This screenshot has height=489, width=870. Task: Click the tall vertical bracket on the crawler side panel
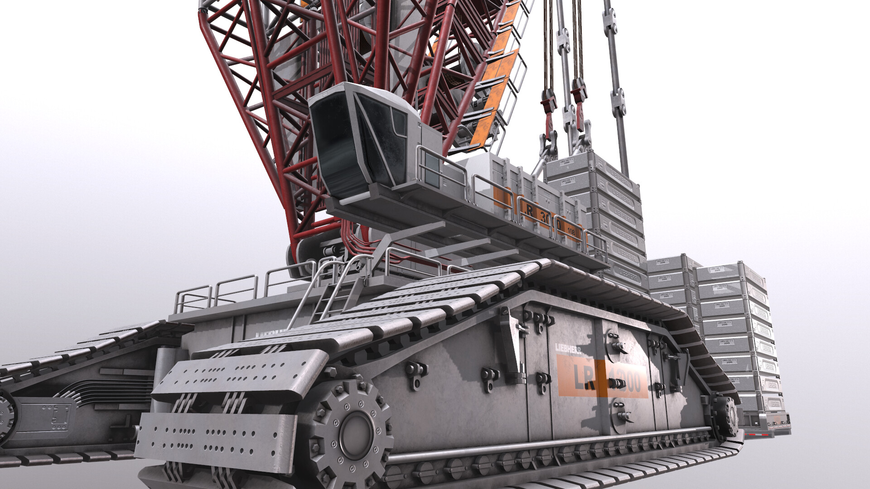click(511, 344)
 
